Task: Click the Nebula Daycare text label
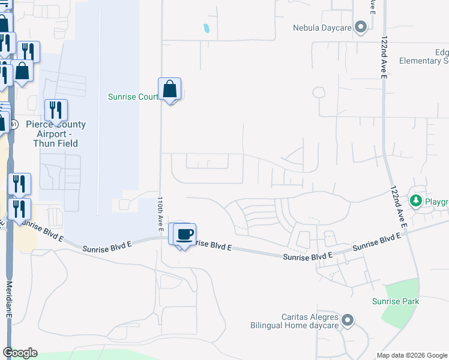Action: pos(321,28)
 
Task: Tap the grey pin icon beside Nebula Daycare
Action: pos(361,27)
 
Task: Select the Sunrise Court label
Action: pos(133,96)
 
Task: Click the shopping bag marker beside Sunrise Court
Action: pos(170,89)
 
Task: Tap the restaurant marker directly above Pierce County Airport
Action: pos(56,111)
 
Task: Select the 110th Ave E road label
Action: pos(161,214)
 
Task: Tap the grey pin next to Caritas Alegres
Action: pos(348,321)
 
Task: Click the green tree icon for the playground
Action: pos(415,200)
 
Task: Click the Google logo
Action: pos(20,353)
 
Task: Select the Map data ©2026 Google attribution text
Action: pos(411,355)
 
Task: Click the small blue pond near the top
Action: pos(206,28)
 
